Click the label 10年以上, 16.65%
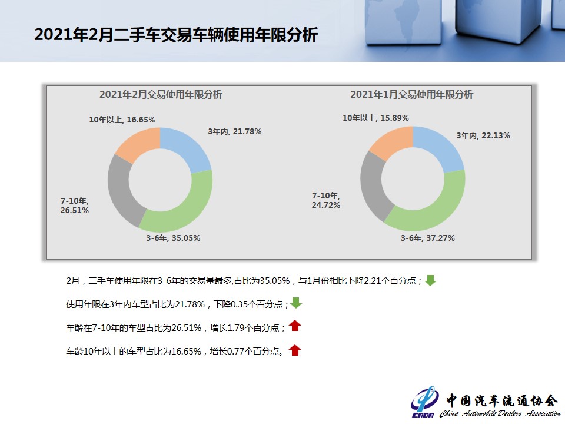pos(122,120)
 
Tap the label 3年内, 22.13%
pos(483,135)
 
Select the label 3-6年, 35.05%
pos(173,238)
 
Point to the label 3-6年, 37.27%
pos(428,238)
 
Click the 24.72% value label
pos(325,205)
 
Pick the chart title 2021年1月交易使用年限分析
pos(411,94)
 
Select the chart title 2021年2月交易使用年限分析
pos(161,94)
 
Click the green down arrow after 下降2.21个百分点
pos(430,280)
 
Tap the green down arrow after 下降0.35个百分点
pos(296,303)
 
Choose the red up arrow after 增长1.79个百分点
pos(295,326)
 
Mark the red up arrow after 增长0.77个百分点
pos(295,350)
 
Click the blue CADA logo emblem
pos(424,401)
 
